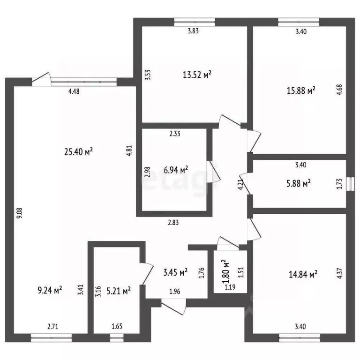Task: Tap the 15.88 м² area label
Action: [x=300, y=90]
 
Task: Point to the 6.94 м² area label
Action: [x=175, y=169]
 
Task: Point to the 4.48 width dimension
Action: [x=74, y=92]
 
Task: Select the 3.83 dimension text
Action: [x=193, y=32]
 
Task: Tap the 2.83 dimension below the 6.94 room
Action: [x=173, y=223]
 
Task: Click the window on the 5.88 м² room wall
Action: [x=349, y=183]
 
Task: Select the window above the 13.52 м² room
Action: [x=195, y=21]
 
